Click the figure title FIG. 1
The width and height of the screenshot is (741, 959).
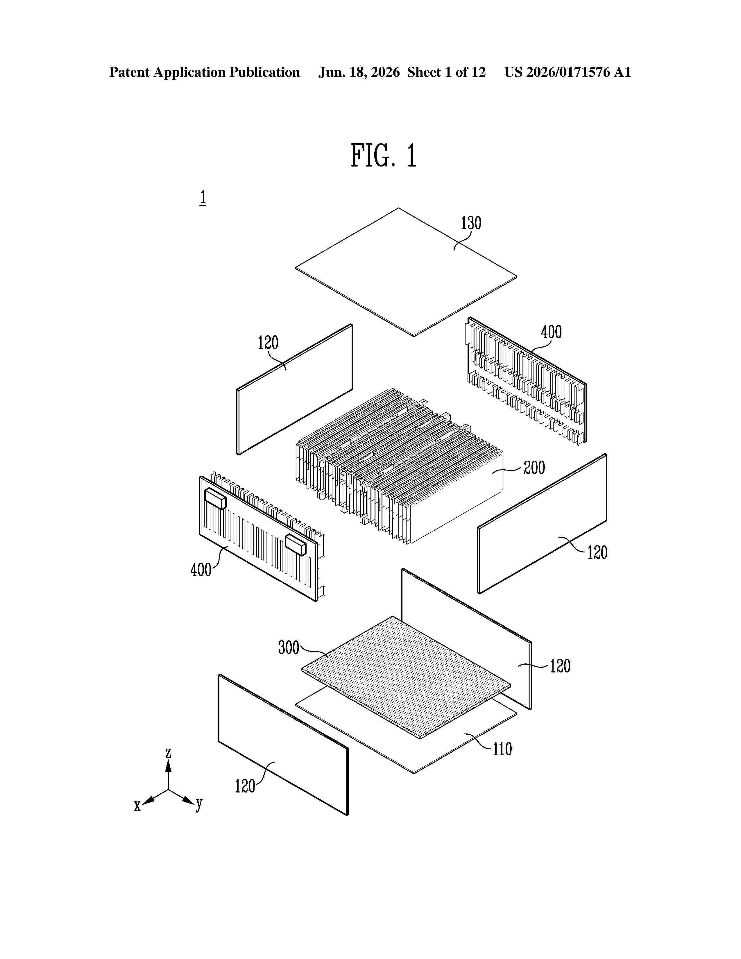click(383, 156)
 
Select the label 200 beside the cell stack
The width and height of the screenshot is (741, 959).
click(534, 468)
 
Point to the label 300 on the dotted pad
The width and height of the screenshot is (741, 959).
click(289, 648)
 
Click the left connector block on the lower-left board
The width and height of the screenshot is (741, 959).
click(215, 498)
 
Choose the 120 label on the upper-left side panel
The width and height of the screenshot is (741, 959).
click(268, 343)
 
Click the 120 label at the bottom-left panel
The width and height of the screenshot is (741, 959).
click(245, 786)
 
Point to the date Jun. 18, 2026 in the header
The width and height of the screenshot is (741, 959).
click(359, 72)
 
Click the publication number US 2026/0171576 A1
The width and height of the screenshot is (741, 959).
click(568, 72)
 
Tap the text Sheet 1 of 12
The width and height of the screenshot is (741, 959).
click(446, 72)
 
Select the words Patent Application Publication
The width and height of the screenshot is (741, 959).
click(205, 72)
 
